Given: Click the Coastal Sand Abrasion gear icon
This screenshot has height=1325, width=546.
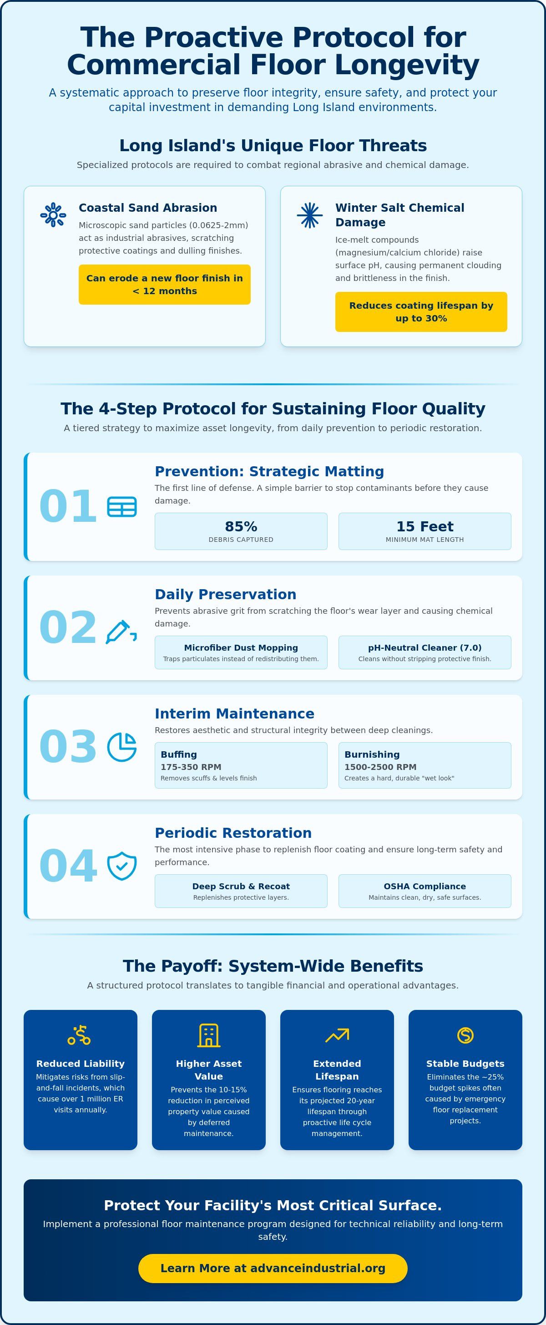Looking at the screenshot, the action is (53, 215).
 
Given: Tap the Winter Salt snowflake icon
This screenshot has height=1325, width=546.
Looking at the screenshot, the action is (309, 215).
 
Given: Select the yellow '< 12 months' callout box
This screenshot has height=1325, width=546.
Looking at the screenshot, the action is (165, 285).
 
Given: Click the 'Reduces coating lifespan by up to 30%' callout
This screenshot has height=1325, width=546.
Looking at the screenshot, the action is (421, 312).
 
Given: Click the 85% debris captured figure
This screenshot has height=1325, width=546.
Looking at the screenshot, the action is (241, 527).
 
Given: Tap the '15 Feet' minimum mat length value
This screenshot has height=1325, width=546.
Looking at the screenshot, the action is (425, 527).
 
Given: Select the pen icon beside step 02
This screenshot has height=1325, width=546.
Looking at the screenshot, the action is (121, 632).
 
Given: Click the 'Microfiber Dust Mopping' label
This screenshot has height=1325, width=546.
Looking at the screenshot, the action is (241, 647).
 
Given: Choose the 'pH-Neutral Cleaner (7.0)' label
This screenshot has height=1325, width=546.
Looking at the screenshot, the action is (425, 647).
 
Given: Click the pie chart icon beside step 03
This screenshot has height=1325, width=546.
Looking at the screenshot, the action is (122, 747).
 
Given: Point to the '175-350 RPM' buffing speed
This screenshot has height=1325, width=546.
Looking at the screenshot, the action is (191, 767).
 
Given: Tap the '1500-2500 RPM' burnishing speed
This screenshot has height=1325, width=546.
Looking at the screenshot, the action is (380, 767).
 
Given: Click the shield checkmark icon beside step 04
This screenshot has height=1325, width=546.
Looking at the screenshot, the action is (122, 866).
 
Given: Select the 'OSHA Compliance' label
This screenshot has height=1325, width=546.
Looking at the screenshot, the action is (425, 886).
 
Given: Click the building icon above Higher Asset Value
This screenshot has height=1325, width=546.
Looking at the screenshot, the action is (209, 1035).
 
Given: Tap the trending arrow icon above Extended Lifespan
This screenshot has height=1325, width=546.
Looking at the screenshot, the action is (337, 1035).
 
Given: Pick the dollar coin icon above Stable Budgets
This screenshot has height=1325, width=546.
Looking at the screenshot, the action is (465, 1035).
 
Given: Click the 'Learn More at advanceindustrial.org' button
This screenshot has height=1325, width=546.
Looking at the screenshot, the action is (273, 1269).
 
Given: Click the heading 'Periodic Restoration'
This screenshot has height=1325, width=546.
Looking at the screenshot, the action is (233, 833).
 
